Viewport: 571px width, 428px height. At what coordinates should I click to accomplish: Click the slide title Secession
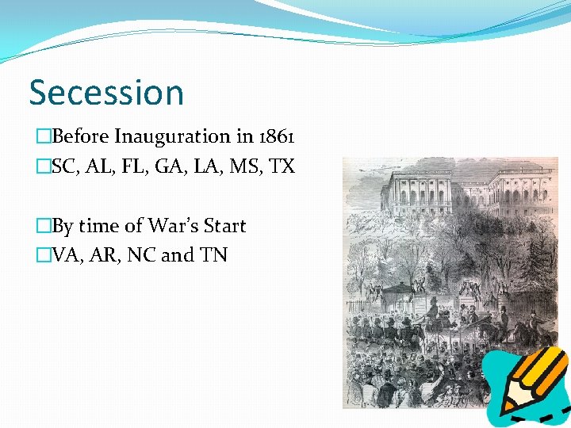(x=106, y=92)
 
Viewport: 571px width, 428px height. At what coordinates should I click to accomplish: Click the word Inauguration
(x=172, y=136)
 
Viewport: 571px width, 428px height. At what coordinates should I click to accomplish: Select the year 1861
(x=277, y=136)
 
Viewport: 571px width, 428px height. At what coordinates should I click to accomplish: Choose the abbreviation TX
(x=282, y=166)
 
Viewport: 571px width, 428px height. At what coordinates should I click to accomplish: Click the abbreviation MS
(x=247, y=166)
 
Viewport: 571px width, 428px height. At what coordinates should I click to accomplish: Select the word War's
(x=172, y=226)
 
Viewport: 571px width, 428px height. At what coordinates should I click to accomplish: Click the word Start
(x=225, y=226)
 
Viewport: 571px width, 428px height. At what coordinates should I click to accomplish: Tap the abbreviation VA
(x=65, y=256)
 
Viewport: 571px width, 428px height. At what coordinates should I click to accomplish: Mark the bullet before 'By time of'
(x=42, y=227)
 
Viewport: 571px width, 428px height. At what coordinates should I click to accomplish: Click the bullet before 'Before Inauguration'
(x=42, y=137)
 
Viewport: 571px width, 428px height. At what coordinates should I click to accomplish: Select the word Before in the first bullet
(x=80, y=136)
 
